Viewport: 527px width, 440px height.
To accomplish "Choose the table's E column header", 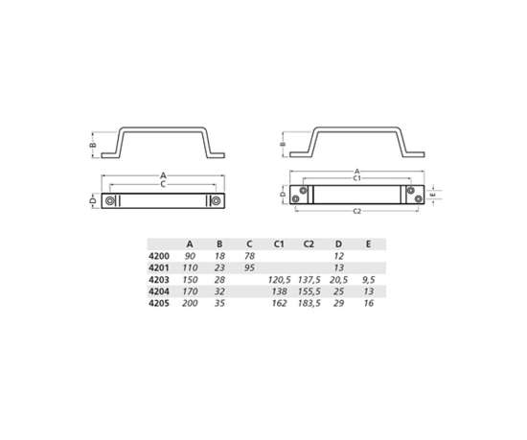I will [x=368, y=243].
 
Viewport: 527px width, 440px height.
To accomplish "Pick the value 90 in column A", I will [x=190, y=256].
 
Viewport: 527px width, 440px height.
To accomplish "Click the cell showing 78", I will [x=249, y=256].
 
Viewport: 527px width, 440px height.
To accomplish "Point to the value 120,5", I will [x=279, y=279].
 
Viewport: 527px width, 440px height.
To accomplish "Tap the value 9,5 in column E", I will [x=368, y=279].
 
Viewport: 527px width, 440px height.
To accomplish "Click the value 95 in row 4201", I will [x=249, y=267].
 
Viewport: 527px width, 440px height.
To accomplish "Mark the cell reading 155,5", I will [x=309, y=291].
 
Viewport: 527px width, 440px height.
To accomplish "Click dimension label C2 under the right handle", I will [x=356, y=210].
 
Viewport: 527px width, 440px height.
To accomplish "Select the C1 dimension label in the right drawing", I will [x=356, y=178].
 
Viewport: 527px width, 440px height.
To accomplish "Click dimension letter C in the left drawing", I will [x=164, y=184].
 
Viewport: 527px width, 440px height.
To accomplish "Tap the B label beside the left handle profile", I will [x=93, y=147].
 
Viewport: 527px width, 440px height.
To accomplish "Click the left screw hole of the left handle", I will [x=112, y=200].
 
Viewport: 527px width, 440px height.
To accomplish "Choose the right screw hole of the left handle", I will [x=216, y=200].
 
